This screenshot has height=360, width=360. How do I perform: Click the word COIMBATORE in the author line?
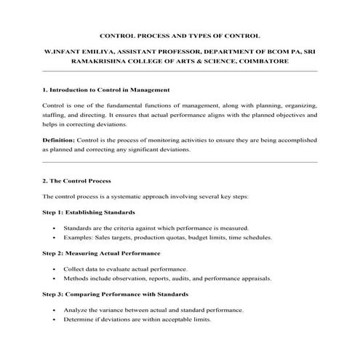[264, 62]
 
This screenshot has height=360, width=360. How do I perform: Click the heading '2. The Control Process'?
[76, 180]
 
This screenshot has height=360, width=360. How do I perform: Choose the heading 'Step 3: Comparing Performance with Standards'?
[115, 294]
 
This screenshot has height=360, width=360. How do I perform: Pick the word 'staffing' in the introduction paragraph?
[55, 115]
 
